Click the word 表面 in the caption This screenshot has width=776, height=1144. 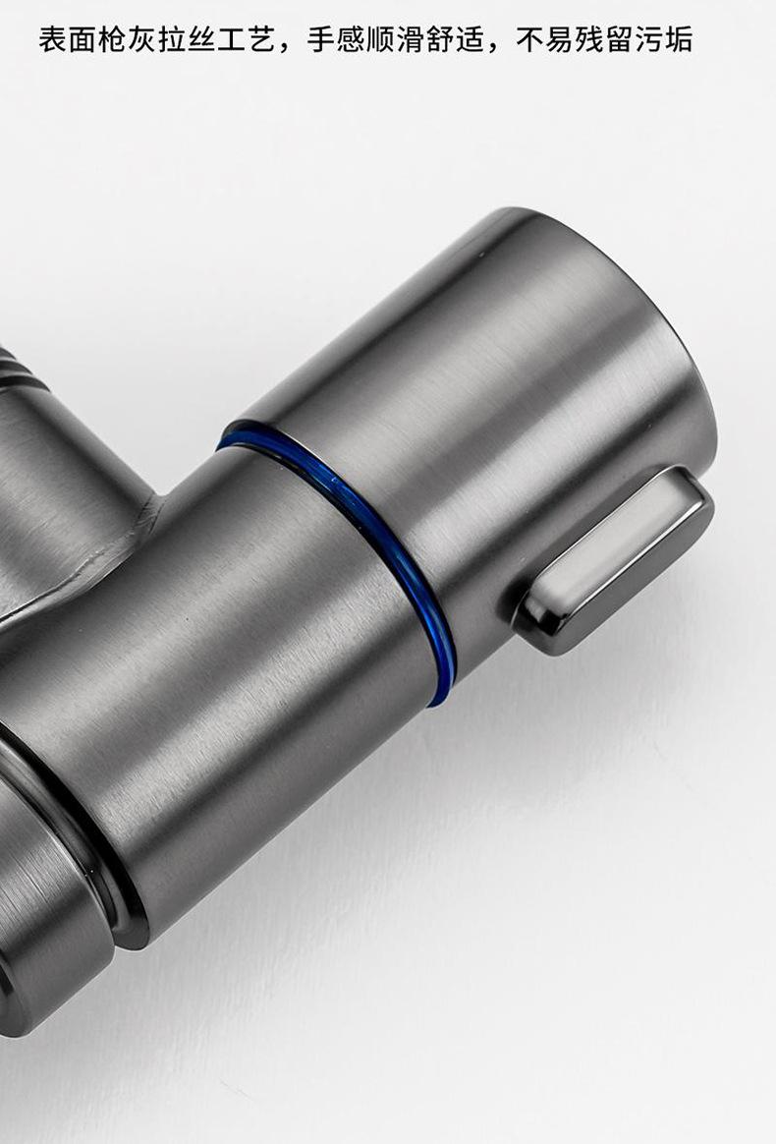coord(67,39)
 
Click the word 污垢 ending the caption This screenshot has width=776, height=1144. coord(664,39)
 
